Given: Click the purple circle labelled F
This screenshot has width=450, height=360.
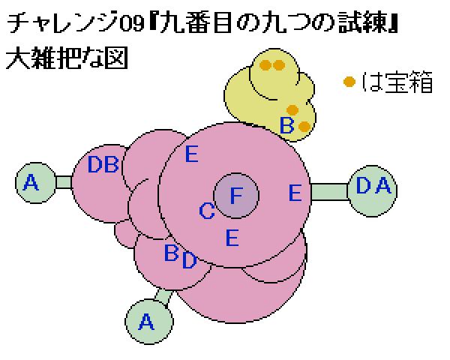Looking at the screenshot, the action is [x=236, y=196].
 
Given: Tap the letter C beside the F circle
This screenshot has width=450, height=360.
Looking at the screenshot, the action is [x=207, y=211].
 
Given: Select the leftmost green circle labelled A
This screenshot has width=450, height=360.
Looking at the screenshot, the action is [x=35, y=183].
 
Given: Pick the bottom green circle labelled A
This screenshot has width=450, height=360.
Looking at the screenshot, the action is [x=149, y=322].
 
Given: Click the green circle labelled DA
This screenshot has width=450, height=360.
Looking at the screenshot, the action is [x=372, y=191].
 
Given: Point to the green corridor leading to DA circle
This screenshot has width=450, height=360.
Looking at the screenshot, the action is [x=329, y=192].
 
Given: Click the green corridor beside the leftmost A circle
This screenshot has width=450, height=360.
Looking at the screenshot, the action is [x=64, y=182].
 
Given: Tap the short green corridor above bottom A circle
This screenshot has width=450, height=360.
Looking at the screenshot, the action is [x=163, y=297].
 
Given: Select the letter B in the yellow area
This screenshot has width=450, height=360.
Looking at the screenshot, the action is [x=286, y=125].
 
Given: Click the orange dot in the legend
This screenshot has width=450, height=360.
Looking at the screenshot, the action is [x=349, y=82].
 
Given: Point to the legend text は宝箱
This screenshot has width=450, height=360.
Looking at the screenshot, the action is [x=397, y=82].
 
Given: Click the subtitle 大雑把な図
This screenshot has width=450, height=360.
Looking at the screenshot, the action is [x=67, y=58].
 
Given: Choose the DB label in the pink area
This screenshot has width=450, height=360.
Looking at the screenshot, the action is [x=103, y=164].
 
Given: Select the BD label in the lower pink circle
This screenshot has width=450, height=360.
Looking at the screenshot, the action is [x=181, y=256].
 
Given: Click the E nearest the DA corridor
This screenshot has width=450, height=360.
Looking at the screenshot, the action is [x=295, y=193].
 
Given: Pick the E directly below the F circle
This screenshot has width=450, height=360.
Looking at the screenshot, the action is [x=232, y=238].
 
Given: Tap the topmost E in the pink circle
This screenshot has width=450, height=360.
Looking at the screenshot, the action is [x=192, y=154].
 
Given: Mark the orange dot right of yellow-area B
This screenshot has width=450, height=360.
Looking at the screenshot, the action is [x=304, y=127].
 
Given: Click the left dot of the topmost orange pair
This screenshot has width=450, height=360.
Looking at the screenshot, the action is [x=265, y=65].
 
